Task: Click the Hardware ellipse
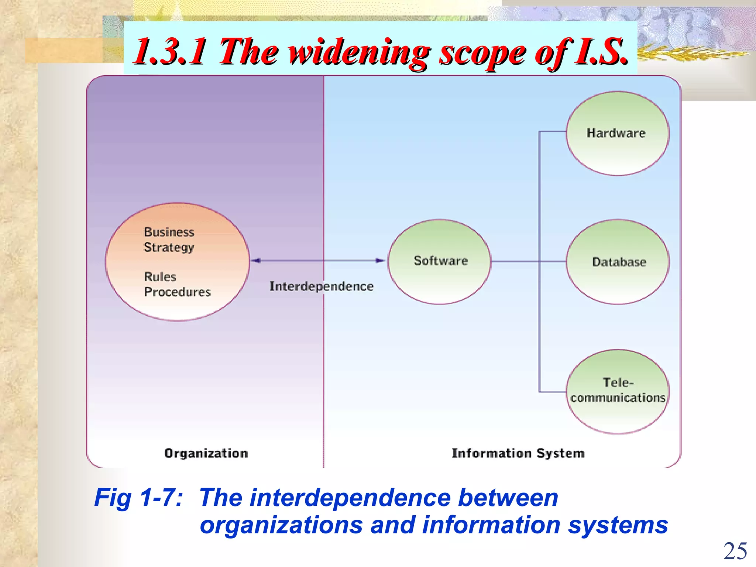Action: pyautogui.click(x=617, y=133)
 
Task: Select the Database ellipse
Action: pyautogui.click(x=617, y=262)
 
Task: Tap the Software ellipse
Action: pyautogui.click(x=439, y=261)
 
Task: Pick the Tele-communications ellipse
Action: pyautogui.click(x=617, y=391)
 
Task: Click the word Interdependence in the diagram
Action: pyautogui.click(x=322, y=286)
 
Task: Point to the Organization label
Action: pyautogui.click(x=206, y=453)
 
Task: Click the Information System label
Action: pyautogui.click(x=518, y=453)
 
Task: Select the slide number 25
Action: pyautogui.click(x=735, y=551)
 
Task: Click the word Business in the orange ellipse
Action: pyautogui.click(x=169, y=232)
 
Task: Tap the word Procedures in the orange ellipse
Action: pyautogui.click(x=177, y=292)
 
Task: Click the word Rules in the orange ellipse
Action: pyautogui.click(x=160, y=277)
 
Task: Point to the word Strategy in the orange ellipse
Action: pyautogui.click(x=169, y=247)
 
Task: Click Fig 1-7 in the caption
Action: pyautogui.click(x=138, y=498)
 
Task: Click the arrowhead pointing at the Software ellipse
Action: pyautogui.click(x=380, y=261)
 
